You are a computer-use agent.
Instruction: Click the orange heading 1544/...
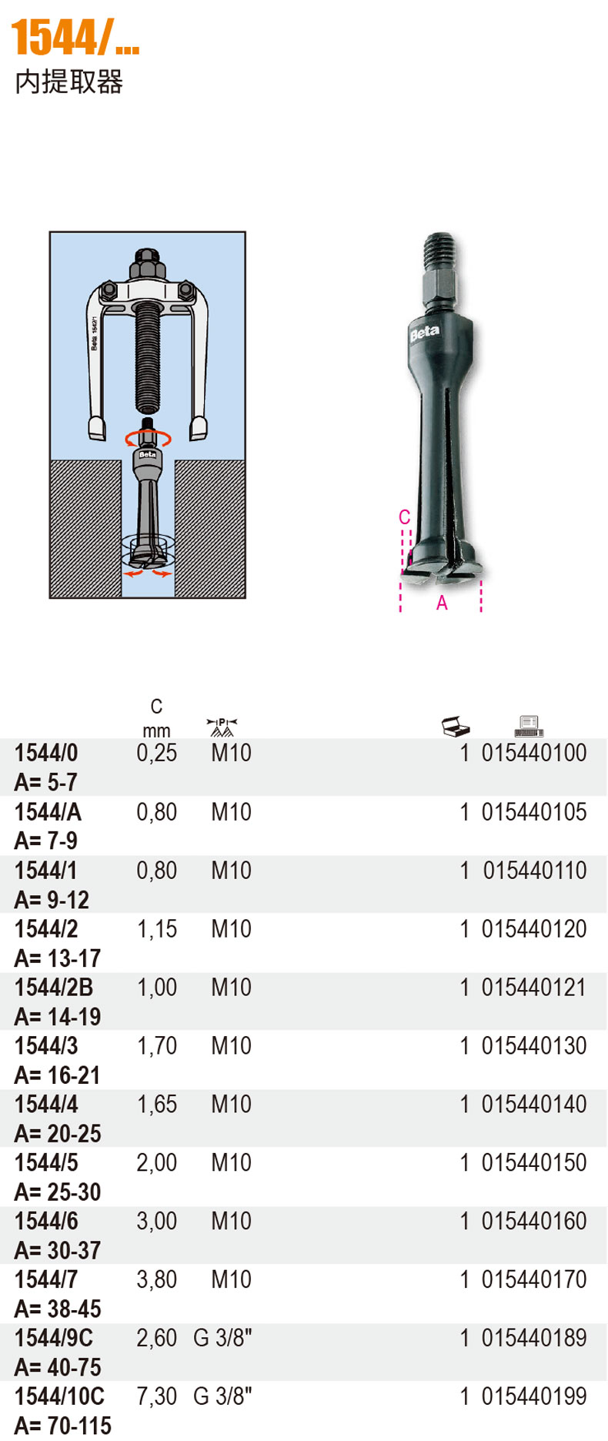[75, 38]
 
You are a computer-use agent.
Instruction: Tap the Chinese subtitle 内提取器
[69, 82]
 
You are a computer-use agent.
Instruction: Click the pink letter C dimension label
[405, 517]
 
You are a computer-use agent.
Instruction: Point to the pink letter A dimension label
[442, 603]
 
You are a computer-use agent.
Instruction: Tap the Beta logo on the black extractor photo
[424, 332]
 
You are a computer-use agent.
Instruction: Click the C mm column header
[156, 718]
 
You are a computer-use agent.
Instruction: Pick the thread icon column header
[222, 727]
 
